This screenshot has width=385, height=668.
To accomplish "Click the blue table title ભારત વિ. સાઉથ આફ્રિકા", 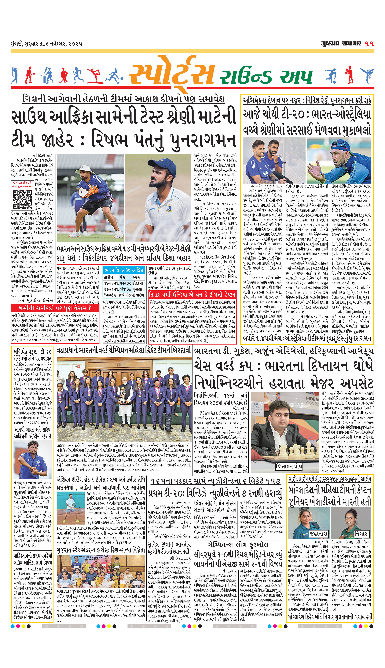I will coord(124,270).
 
